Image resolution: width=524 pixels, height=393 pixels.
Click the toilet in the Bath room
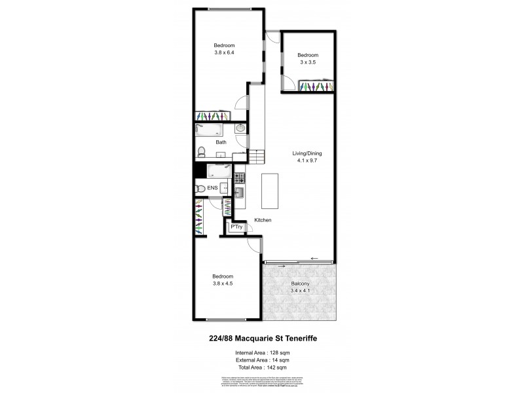(x=203, y=153)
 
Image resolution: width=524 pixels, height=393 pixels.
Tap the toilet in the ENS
(x=200, y=189)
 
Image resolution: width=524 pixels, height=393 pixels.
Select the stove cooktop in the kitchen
(x=239, y=178)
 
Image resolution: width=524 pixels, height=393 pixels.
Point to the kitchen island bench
(x=270, y=189)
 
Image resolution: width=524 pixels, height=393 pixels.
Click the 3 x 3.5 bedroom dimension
(x=307, y=62)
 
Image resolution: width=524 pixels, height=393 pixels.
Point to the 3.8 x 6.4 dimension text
(x=224, y=52)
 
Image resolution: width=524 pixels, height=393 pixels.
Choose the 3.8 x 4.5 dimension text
(x=223, y=284)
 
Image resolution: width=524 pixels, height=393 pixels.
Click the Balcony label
(x=301, y=284)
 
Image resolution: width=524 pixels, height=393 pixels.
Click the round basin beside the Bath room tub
(x=240, y=129)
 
